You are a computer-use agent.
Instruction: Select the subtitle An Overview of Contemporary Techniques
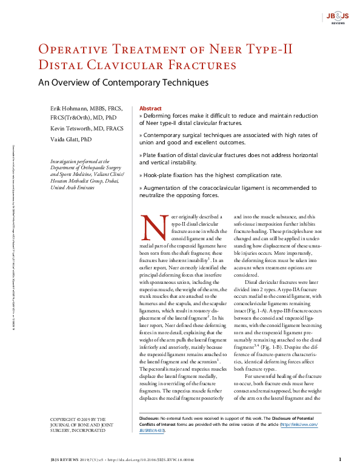123,83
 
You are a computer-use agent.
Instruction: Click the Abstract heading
150,107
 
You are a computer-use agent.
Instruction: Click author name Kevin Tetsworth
70,129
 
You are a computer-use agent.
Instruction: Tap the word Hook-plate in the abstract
159,175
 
